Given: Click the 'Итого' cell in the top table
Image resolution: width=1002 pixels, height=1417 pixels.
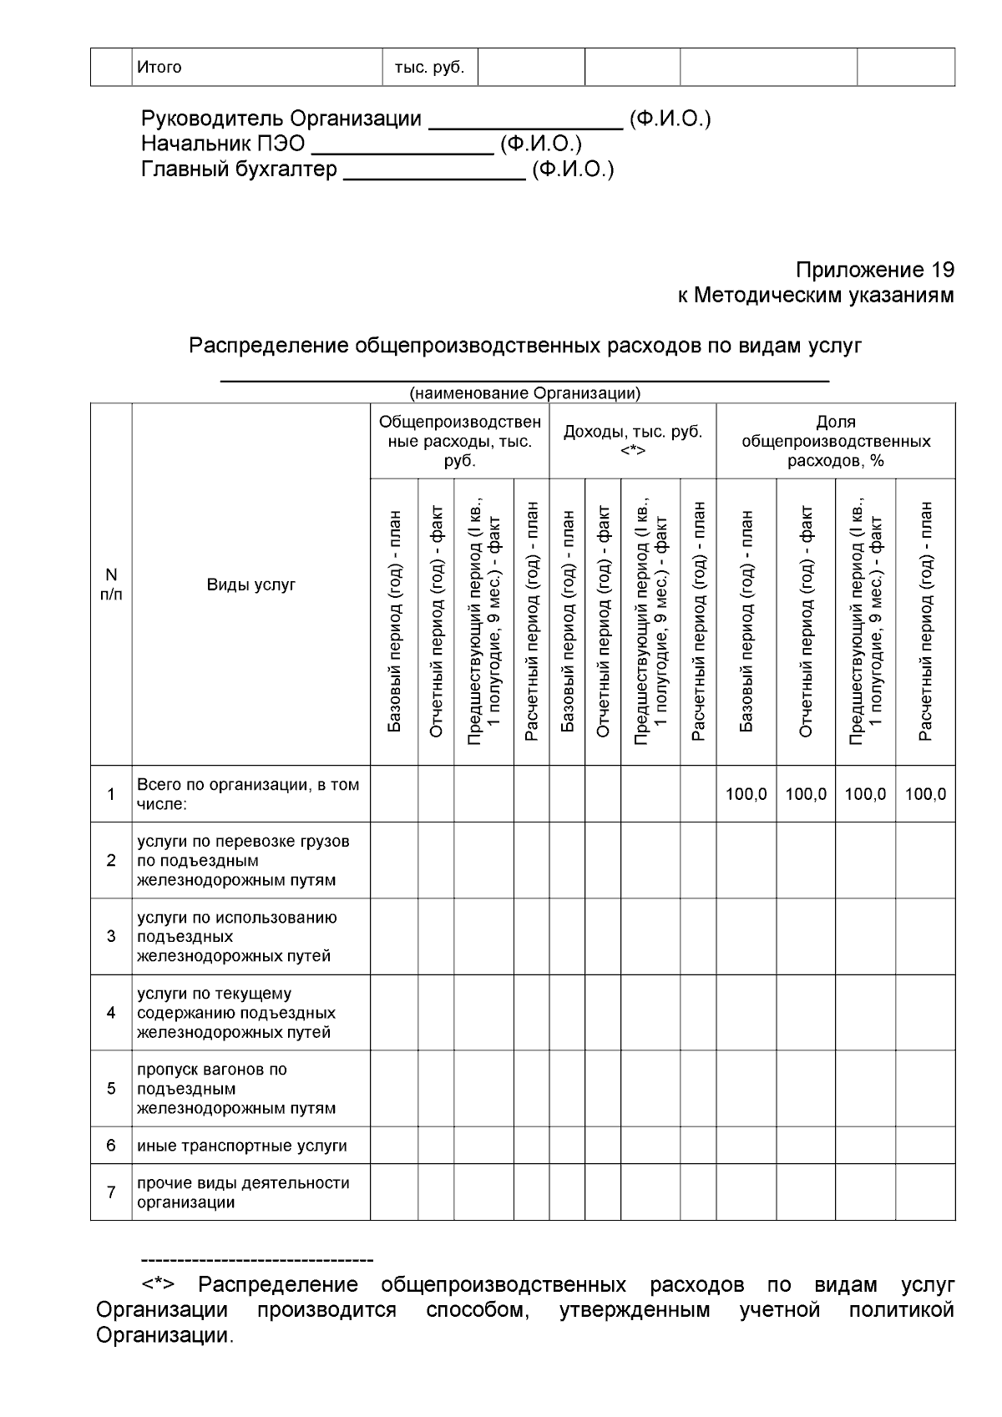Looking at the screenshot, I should pos(159,67).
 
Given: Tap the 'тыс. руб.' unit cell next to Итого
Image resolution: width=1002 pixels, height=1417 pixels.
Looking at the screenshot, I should pos(428,67).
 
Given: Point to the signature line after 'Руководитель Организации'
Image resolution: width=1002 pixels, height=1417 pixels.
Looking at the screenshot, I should pos(525,127).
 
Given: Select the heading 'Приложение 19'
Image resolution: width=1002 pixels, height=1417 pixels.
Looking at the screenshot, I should pos(873,271).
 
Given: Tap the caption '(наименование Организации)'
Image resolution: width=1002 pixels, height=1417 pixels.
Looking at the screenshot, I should pos(524,392).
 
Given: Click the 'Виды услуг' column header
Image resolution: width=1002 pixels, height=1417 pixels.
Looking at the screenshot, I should pos(250,585).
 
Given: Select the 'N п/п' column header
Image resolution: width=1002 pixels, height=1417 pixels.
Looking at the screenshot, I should pos(111,585).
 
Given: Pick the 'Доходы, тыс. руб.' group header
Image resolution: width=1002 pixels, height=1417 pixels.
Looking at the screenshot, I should pos(632,441).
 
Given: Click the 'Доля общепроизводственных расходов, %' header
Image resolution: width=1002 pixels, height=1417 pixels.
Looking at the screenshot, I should pos(835,441).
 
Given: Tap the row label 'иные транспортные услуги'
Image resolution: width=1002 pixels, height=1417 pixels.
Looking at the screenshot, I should pos(241,1146).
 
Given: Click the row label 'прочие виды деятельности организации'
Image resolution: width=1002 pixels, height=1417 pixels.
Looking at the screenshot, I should pos(242,1192).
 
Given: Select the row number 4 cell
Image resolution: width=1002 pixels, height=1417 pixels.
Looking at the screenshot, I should pos(111,1013).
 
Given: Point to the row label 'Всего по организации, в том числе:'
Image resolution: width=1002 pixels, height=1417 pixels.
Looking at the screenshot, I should pos(247,794).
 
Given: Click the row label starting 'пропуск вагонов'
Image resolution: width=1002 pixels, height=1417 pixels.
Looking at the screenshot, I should pos(236,1089).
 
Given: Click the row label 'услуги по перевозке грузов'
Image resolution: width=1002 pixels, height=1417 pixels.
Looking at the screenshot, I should pos(242,860).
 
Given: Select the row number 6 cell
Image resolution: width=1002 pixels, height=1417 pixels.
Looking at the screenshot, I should pos(111,1146).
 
